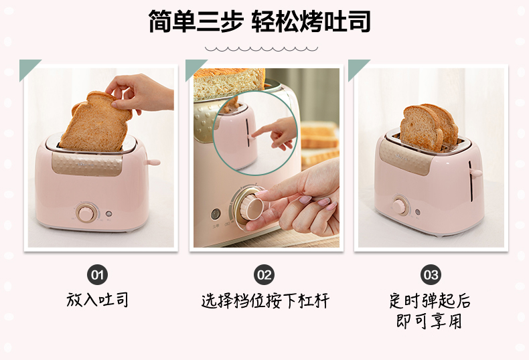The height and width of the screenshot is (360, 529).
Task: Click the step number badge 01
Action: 97,275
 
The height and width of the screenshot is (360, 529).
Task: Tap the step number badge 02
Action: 264,275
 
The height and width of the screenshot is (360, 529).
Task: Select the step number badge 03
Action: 431,275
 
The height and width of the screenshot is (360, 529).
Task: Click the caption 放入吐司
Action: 97,300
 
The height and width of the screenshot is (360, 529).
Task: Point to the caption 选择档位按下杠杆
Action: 265,300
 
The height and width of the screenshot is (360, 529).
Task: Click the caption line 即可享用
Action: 429,321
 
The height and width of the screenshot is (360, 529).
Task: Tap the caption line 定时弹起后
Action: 430,300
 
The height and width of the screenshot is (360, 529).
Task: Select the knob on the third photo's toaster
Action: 401,205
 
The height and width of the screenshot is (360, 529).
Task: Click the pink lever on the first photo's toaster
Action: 152,163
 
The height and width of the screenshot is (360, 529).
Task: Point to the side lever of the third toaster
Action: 475,173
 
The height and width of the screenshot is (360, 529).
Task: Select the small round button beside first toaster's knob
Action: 108,213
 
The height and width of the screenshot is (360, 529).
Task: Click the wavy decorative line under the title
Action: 261,49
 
